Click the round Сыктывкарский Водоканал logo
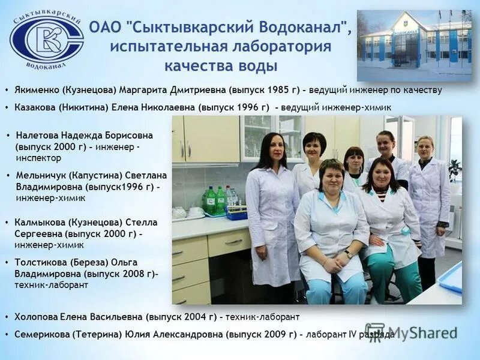(46, 39)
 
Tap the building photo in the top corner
(414, 45)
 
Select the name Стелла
(127, 223)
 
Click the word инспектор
(38, 158)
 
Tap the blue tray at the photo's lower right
(451, 277)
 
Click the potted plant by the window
(454, 169)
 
